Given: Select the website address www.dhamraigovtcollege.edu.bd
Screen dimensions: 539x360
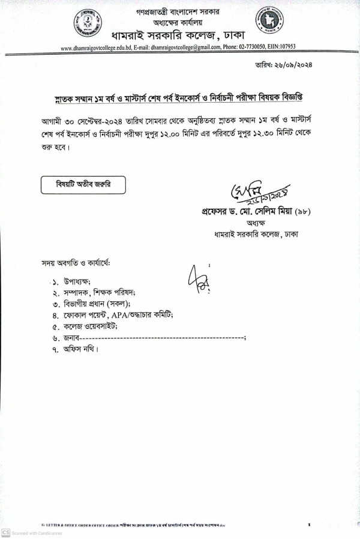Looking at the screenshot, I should tap(96, 48).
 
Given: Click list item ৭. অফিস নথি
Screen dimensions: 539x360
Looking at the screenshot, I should tap(74, 349).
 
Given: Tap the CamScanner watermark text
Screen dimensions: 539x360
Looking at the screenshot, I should tap(29, 533).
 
